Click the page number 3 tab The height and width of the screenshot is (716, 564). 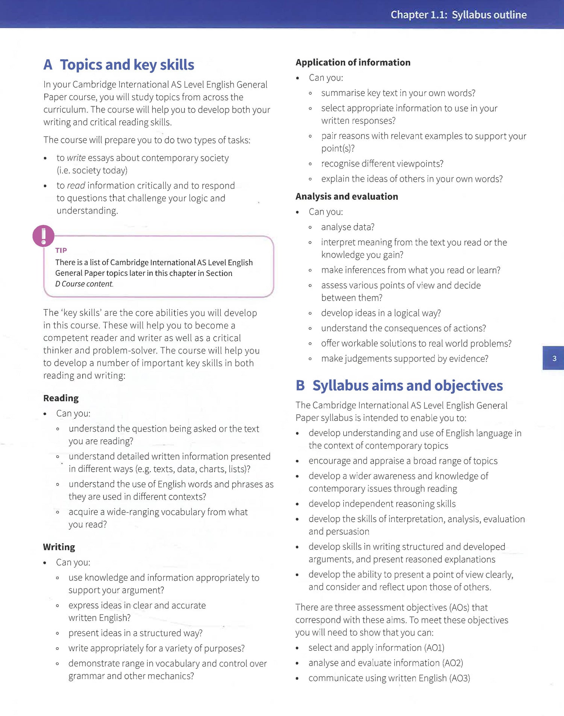click(x=553, y=358)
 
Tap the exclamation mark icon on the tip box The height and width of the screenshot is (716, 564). click(x=44, y=236)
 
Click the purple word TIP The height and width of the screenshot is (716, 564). click(x=61, y=250)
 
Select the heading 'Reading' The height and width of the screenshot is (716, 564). click(x=61, y=398)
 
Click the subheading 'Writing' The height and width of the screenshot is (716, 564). click(x=59, y=547)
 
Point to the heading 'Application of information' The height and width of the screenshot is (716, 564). click(x=353, y=62)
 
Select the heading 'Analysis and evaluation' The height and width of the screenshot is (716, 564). click(x=346, y=196)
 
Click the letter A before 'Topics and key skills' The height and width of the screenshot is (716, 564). click(x=48, y=65)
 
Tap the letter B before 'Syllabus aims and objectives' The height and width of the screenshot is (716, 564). click(x=300, y=385)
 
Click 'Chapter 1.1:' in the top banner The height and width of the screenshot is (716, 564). click(x=419, y=15)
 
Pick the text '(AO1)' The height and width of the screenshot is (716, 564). click(x=434, y=648)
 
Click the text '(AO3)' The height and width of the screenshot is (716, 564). click(x=459, y=678)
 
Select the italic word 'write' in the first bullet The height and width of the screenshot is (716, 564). click(x=76, y=158)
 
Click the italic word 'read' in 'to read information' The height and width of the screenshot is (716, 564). click(x=76, y=185)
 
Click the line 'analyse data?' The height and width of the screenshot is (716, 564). click(x=347, y=227)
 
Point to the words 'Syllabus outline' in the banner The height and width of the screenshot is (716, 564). click(x=489, y=15)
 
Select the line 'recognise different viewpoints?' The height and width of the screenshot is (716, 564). click(x=382, y=164)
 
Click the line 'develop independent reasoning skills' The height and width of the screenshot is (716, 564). click(x=382, y=504)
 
